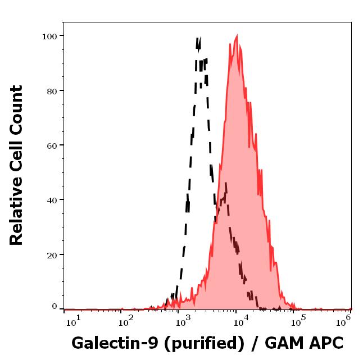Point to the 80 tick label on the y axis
pyautogui.click(x=52, y=90)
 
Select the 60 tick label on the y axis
pyautogui.click(x=52, y=145)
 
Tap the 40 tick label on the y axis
pyautogui.click(x=52, y=200)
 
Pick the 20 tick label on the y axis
pyautogui.click(x=52, y=254)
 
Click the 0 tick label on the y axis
pyautogui.click(x=55, y=307)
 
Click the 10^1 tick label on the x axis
pyautogui.click(x=74, y=321)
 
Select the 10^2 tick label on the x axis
pyautogui.click(x=126, y=321)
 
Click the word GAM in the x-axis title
pyautogui.click(x=280, y=343)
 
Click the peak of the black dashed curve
pyautogui.click(x=198, y=38)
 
